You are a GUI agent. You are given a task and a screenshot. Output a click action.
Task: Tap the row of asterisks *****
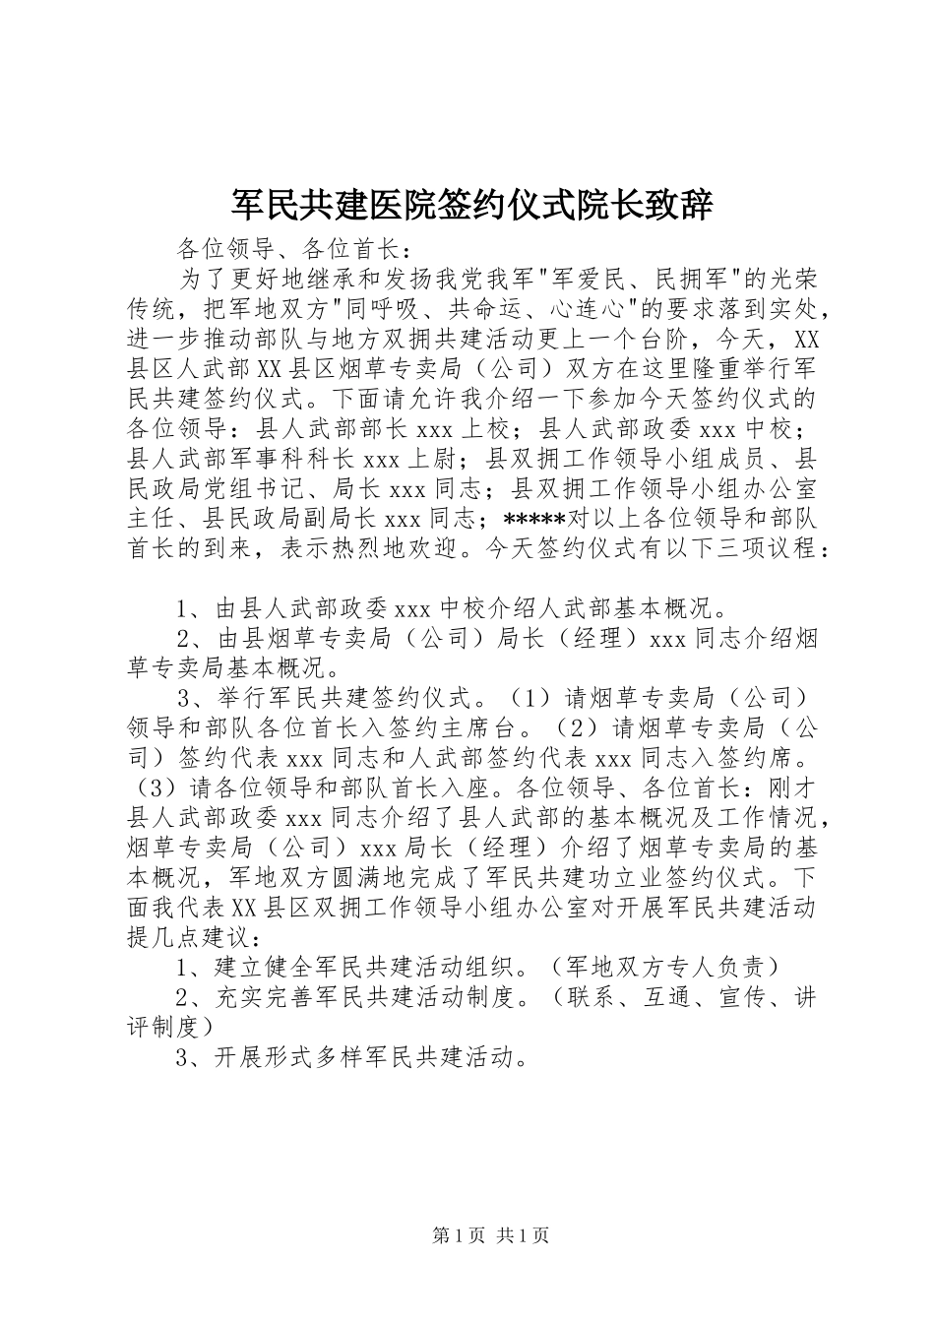coord(533,518)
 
